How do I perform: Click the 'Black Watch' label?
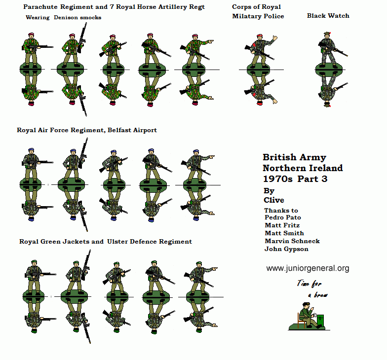(x=328, y=16)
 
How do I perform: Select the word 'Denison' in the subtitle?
(x=67, y=17)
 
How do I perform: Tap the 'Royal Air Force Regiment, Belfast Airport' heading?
(x=87, y=130)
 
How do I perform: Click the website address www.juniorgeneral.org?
(x=308, y=268)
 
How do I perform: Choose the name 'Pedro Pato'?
(x=283, y=217)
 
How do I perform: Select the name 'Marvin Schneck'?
(x=292, y=241)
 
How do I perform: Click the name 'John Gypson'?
(x=286, y=249)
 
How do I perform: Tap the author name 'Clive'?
(x=273, y=200)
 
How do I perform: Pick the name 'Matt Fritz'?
(x=282, y=225)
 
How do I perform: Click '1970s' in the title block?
(x=278, y=179)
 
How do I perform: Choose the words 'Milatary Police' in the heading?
(x=258, y=16)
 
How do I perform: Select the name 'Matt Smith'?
(x=284, y=233)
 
